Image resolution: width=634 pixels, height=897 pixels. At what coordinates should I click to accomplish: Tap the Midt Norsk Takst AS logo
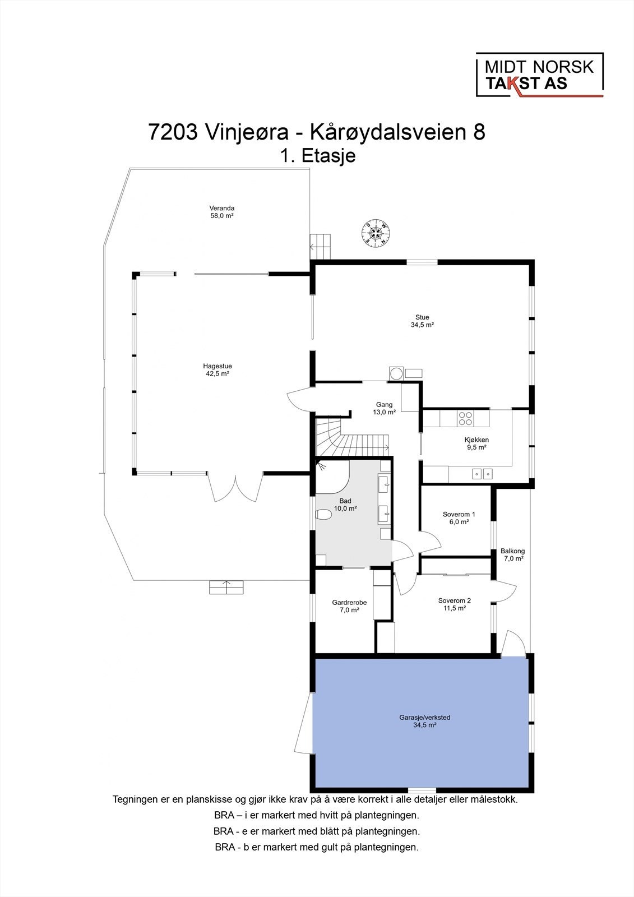(539, 75)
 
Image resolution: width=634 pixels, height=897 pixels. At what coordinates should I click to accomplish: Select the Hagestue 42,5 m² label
(218, 369)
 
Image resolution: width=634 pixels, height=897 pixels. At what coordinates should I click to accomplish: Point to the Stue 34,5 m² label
(422, 321)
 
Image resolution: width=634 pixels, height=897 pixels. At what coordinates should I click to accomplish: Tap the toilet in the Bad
(324, 514)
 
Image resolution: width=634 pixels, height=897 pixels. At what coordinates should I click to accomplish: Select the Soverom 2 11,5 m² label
(454, 604)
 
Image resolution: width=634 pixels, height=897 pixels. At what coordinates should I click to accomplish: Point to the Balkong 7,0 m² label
(512, 554)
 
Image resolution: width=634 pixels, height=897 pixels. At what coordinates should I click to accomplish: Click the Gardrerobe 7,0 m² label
(349, 606)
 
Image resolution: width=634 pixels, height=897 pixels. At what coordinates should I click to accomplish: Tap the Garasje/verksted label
(425, 720)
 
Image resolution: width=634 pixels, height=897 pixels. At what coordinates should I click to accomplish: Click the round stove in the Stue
(396, 373)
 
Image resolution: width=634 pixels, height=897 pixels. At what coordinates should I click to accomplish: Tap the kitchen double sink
(482, 474)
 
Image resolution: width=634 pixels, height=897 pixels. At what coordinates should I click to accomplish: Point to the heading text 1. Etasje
(318, 155)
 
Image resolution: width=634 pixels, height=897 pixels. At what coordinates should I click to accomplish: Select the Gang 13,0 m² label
(384, 408)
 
